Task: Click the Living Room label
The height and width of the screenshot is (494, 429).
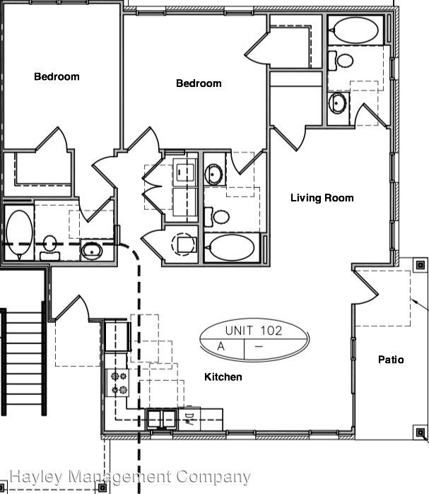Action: click(x=322, y=198)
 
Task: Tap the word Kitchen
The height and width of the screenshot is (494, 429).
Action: click(x=223, y=377)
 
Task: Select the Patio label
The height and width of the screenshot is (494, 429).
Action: click(x=391, y=360)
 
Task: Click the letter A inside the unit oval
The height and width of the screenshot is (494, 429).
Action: click(x=221, y=346)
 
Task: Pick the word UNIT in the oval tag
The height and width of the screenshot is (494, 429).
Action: click(x=239, y=330)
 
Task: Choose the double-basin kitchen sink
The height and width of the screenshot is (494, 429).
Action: click(x=162, y=419)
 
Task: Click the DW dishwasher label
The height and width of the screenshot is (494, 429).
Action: click(x=189, y=418)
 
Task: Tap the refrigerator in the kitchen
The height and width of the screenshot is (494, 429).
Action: click(x=117, y=336)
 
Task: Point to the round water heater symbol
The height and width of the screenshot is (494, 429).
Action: click(x=182, y=242)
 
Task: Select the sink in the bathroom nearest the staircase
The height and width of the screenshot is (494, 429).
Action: click(x=91, y=248)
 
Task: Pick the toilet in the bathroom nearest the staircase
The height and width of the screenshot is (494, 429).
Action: click(x=50, y=244)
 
